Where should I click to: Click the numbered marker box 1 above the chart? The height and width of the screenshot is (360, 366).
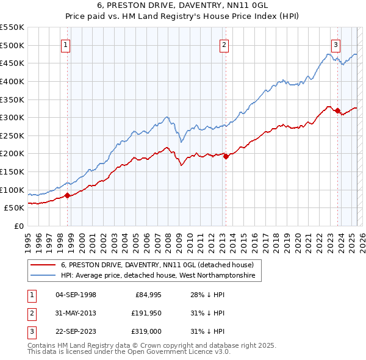click(65, 45)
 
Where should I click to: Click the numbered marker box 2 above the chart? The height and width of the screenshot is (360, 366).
click(224, 45)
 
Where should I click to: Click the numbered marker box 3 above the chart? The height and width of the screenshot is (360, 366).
click(336, 45)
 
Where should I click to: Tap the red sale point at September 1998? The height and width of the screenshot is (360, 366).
click(67, 196)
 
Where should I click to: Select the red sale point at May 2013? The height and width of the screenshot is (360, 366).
click(226, 156)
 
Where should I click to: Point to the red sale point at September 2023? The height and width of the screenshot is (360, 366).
click(337, 110)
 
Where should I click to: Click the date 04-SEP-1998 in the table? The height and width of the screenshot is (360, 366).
click(76, 295)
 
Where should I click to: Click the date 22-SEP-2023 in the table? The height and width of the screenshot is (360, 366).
click(76, 332)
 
